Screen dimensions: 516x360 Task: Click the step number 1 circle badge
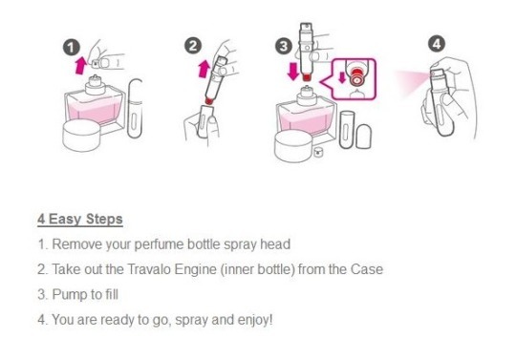(x=72, y=48)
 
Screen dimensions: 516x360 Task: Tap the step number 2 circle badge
(x=193, y=46)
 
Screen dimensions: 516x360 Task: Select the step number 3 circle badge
(x=284, y=47)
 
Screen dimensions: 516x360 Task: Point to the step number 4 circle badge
(x=437, y=44)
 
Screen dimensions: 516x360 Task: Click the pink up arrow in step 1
(x=80, y=64)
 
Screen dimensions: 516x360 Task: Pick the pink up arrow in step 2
(x=204, y=69)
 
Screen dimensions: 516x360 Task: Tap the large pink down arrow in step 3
(x=292, y=72)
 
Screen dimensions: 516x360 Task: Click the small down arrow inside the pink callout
(x=342, y=77)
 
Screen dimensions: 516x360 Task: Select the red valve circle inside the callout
(x=357, y=77)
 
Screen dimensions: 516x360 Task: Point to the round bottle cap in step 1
(x=81, y=136)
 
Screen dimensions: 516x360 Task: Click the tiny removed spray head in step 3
(x=318, y=152)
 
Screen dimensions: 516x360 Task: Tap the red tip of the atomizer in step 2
(x=209, y=101)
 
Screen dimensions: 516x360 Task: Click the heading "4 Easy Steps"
(x=80, y=219)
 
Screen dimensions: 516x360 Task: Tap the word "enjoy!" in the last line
(x=255, y=320)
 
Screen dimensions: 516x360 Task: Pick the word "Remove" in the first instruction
(x=76, y=244)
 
